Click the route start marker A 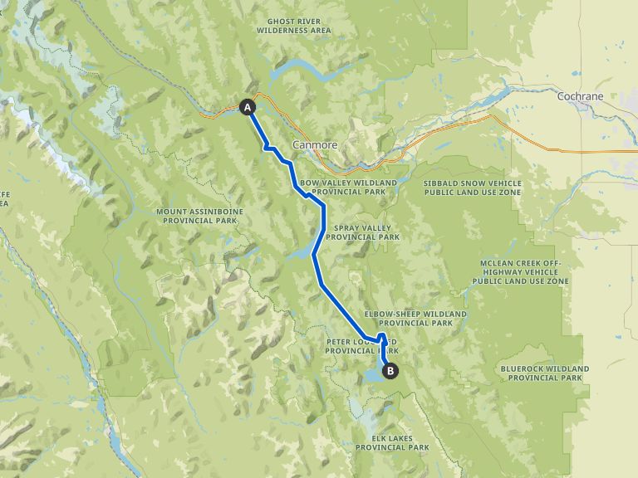click(x=247, y=106)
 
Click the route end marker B click(x=391, y=371)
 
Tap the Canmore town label click(x=315, y=144)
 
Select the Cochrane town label click(x=580, y=96)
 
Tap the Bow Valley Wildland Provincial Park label click(x=343, y=187)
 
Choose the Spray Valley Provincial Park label click(x=362, y=232)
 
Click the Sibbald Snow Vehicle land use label click(x=473, y=187)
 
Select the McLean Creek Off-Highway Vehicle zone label click(x=521, y=272)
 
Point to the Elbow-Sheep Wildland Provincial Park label click(x=415, y=319)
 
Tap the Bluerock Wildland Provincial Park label click(x=545, y=373)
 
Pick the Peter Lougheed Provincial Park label click(x=362, y=346)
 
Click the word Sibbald click(x=443, y=183)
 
